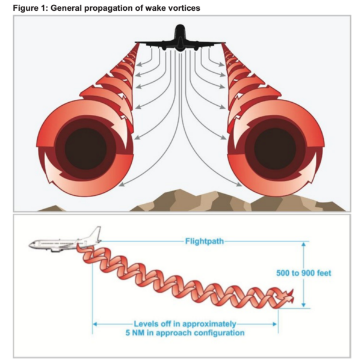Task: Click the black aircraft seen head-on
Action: point(180,41)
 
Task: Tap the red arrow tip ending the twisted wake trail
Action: point(292,294)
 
